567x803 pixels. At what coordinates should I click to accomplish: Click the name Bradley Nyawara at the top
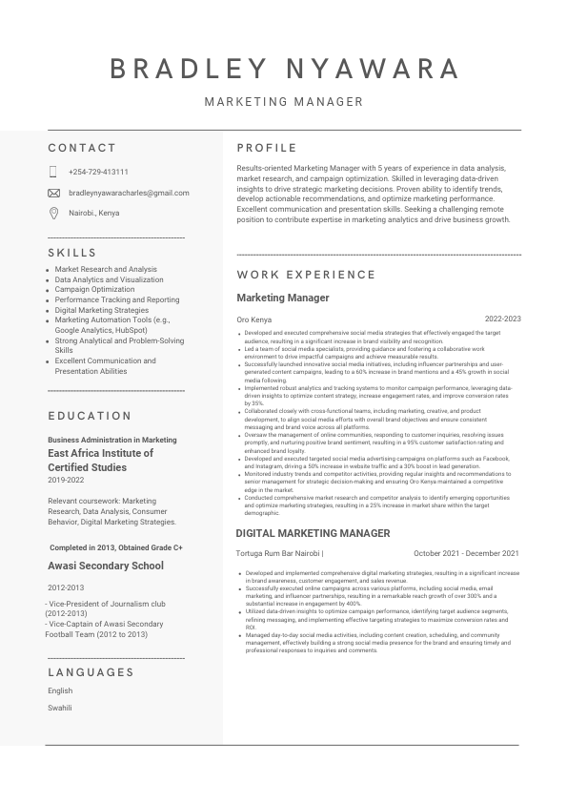(284, 69)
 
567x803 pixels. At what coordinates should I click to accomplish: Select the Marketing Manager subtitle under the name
(284, 101)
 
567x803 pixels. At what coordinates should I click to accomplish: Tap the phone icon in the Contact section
(53, 172)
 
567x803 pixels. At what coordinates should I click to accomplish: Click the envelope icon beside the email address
(53, 193)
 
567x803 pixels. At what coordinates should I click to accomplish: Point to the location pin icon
(53, 213)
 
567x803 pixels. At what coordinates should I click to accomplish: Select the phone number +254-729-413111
(98, 172)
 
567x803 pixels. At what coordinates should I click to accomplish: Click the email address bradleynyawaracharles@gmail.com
(129, 193)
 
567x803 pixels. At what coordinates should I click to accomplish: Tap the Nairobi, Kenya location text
(94, 213)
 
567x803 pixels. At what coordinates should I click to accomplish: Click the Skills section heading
(72, 253)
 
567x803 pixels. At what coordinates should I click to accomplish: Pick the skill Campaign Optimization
(94, 289)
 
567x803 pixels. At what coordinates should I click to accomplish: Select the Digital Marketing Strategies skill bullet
(102, 310)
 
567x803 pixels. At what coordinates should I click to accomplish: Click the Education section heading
(90, 415)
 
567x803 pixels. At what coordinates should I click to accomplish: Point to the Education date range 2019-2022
(66, 481)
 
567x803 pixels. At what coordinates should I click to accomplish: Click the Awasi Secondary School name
(106, 566)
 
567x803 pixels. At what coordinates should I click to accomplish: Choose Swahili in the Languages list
(60, 708)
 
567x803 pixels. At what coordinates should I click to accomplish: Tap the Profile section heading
(267, 148)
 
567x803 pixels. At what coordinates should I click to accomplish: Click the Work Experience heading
(306, 275)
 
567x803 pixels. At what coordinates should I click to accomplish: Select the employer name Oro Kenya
(253, 319)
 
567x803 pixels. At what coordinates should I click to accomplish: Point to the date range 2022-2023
(502, 319)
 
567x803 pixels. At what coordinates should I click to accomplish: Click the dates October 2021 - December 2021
(466, 553)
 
